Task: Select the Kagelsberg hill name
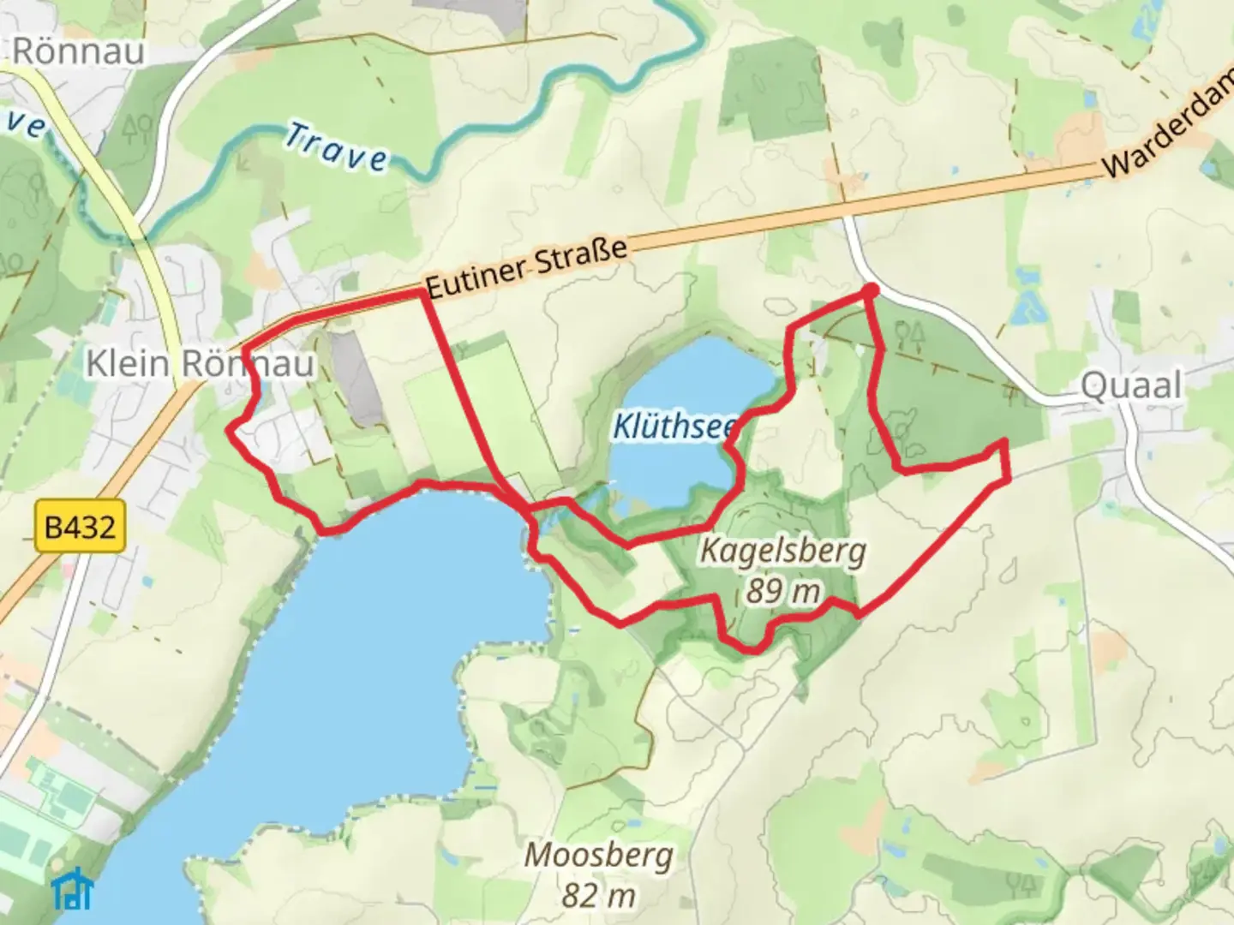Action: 782,551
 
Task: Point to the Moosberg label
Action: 598,855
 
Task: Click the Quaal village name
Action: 1131,385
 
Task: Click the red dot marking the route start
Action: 870,291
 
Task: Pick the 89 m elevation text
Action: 782,590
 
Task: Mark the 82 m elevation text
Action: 598,895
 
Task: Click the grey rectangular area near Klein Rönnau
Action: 356,377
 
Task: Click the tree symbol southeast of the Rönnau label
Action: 137,128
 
